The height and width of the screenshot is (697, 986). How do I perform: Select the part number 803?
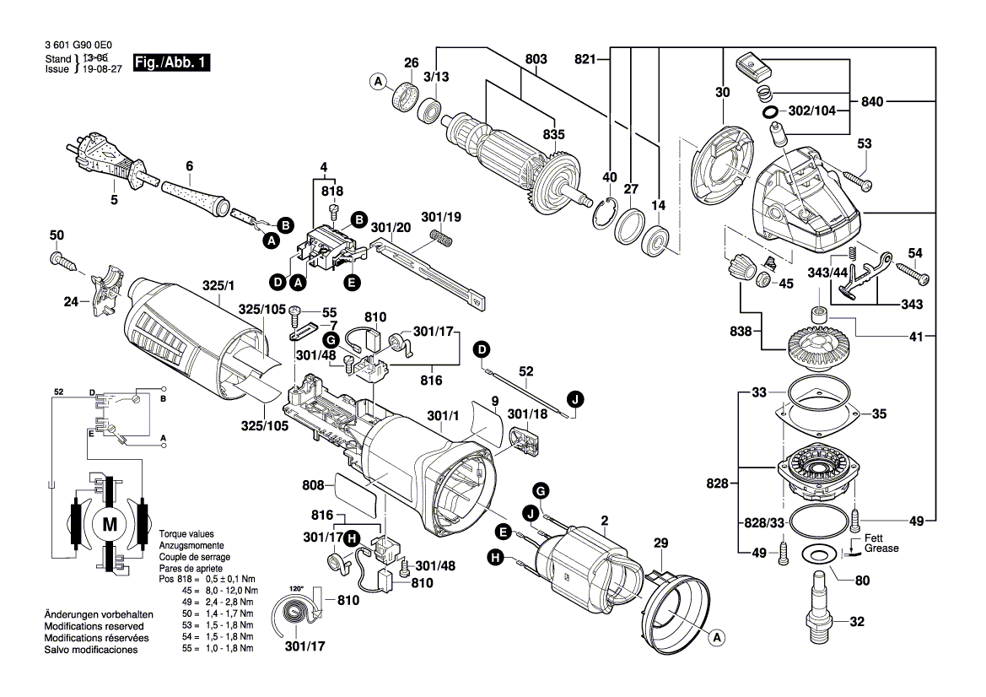coord(536,59)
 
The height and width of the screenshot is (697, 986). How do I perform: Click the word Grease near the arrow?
coord(881,548)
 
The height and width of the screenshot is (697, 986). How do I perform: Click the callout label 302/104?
coord(811,111)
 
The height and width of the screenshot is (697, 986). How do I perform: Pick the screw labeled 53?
coord(853,180)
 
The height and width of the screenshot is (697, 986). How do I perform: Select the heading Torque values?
coord(185,534)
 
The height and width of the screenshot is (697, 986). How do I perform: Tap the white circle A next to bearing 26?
coord(378,81)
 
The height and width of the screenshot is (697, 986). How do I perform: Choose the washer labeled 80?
coord(816,554)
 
